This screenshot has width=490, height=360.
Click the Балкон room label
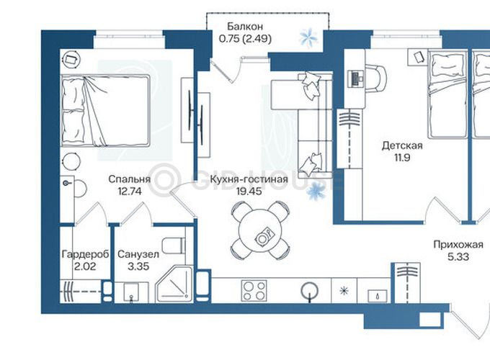(245, 26)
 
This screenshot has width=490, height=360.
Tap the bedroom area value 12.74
(130, 191)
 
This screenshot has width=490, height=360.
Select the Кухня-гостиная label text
(249, 179)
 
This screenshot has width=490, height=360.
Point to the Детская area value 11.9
(402, 158)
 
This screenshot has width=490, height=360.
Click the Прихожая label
(458, 245)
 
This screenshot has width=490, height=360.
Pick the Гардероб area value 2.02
(85, 266)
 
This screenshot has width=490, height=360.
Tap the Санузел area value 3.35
(138, 266)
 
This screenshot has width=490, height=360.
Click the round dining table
(261, 231)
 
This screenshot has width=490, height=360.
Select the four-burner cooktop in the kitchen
(254, 290)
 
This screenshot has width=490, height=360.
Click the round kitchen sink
(309, 292)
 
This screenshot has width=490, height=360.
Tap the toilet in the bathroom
(174, 246)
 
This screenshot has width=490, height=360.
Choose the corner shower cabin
(174, 284)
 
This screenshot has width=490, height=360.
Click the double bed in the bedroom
(105, 111)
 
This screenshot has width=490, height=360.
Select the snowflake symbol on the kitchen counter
(344, 291)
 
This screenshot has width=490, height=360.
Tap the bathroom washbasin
(131, 292)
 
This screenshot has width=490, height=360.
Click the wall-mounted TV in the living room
(190, 110)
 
